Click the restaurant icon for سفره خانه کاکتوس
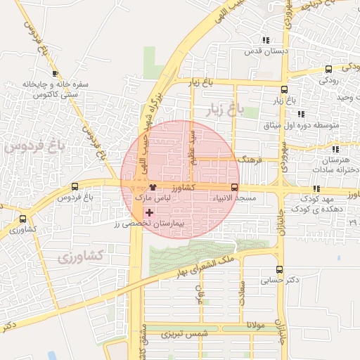pos(55,73)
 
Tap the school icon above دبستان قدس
pos(265,40)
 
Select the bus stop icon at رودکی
pos(329,69)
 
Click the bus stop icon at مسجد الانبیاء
pos(234,188)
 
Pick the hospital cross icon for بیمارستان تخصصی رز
pos(148,212)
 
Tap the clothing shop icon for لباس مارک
pos(153,188)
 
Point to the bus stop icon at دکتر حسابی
pos(280,269)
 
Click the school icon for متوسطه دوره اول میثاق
pos(301,114)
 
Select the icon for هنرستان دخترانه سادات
pos(335,149)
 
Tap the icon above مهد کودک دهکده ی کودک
pos(316,188)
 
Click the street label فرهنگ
pos(250,160)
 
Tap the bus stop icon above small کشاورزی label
pos(23,219)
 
